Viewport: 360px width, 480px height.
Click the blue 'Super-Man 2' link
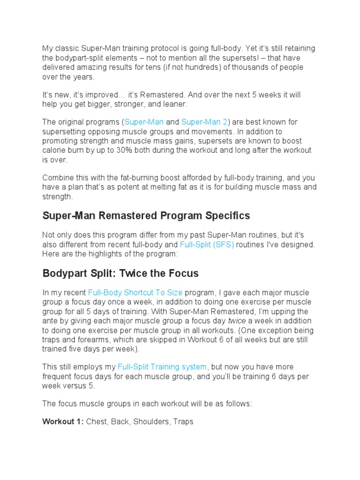(204, 122)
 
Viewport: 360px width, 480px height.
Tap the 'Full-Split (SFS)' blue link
(207, 245)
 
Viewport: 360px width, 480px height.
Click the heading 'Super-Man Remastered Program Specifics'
(146, 216)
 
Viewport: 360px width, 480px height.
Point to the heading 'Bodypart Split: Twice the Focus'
(120, 273)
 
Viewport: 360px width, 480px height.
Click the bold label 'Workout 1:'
(63, 422)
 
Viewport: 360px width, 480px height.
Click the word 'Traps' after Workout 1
(183, 422)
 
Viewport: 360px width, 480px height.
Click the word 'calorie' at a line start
(55, 150)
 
